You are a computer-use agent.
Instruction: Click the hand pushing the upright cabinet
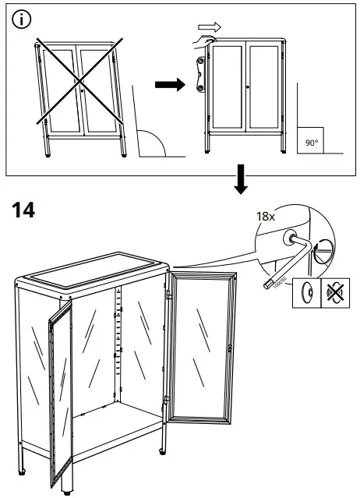[204, 39]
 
